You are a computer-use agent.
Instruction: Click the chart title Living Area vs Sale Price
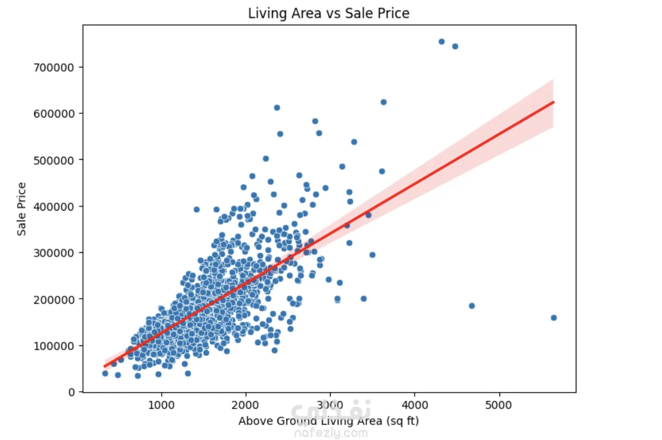tap(329, 13)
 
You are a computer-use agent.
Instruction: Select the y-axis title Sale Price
tap(22, 209)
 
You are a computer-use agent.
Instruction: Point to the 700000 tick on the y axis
tap(54, 67)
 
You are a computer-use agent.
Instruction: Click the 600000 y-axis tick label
tap(54, 114)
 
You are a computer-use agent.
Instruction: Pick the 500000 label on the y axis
tap(54, 160)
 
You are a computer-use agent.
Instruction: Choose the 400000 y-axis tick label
tap(54, 206)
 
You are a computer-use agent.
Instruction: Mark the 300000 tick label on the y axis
tap(54, 253)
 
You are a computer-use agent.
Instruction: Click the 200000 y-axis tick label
tap(54, 300)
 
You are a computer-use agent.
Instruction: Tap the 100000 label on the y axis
tap(54, 346)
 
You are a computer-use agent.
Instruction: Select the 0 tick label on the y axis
tap(72, 392)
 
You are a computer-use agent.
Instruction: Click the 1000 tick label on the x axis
tap(161, 405)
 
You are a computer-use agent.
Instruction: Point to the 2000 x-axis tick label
tap(245, 405)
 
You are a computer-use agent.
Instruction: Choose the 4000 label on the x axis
tap(414, 405)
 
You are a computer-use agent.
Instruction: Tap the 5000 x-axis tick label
tap(499, 405)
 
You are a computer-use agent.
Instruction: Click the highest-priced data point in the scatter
tap(441, 42)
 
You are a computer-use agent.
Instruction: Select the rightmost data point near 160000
tap(554, 318)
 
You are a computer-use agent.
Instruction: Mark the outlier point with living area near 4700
tap(472, 306)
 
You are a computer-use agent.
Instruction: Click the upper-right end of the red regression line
tap(553, 102)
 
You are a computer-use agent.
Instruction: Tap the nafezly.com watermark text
tap(331, 433)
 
